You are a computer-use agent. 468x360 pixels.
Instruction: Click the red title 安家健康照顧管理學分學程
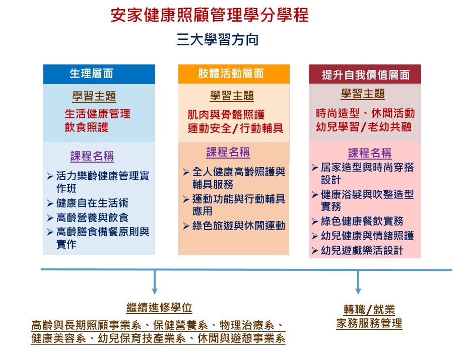[210, 15]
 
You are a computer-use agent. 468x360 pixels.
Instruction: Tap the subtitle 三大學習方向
[218, 40]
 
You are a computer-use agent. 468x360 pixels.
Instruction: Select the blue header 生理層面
[92, 74]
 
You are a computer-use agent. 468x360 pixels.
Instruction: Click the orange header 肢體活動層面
[231, 74]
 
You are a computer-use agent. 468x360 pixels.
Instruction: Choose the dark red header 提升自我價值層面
[366, 75]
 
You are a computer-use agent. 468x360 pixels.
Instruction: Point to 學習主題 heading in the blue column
[94, 96]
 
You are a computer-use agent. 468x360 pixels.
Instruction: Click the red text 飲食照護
[87, 127]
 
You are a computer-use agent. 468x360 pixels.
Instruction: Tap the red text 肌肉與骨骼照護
[226, 115]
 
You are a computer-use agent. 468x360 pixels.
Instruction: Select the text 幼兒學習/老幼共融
[364, 127]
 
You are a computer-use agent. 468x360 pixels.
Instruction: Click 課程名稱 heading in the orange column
[228, 152]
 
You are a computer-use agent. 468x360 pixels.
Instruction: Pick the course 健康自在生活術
[92, 203]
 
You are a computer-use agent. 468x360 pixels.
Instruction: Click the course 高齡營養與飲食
[92, 218]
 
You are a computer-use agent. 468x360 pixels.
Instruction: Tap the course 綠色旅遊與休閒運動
[239, 226]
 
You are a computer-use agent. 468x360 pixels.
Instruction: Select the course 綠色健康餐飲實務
[362, 221]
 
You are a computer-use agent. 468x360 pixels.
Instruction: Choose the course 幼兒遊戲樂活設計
[362, 250]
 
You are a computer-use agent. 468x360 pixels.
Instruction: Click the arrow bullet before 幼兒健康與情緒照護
[314, 236]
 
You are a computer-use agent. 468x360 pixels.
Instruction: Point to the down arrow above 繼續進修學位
[155, 282]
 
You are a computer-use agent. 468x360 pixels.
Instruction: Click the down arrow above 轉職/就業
[358, 282]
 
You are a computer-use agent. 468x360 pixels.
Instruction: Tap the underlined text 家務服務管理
[369, 324]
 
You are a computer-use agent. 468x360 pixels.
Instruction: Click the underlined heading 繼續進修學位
[159, 308]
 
